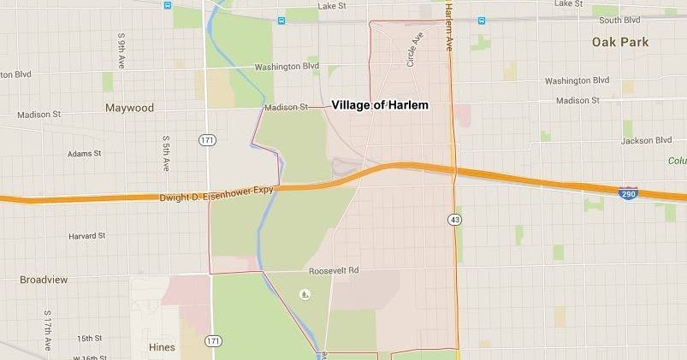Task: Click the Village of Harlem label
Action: tap(379, 105)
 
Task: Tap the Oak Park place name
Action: tap(619, 42)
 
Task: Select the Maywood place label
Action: tap(129, 109)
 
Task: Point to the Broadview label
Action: tap(44, 280)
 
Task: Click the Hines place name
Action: tap(161, 347)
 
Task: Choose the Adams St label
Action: tap(85, 154)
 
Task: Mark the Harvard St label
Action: tap(87, 235)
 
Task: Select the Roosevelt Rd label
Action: tap(335, 271)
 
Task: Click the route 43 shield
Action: tap(453, 221)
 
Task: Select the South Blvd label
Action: tap(620, 20)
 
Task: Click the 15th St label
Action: tap(89, 339)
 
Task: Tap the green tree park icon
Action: tap(305, 294)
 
